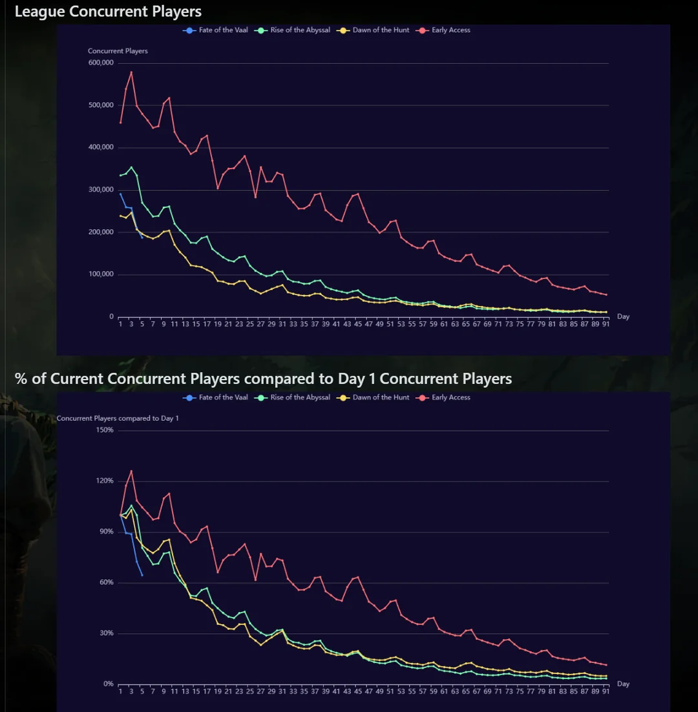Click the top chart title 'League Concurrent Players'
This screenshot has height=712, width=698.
click(108, 12)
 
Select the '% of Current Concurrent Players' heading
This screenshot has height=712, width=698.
click(263, 378)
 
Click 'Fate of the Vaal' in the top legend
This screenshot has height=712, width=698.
click(223, 30)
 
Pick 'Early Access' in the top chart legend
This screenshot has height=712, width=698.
click(450, 30)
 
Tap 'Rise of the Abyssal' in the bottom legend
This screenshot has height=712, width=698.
click(300, 398)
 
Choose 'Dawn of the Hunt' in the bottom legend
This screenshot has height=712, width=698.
click(381, 398)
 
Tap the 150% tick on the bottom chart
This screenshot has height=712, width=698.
click(105, 430)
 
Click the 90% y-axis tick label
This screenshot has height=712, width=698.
click(106, 532)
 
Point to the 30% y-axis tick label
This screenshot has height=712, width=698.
click(106, 633)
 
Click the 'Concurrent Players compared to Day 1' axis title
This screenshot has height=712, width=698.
click(118, 418)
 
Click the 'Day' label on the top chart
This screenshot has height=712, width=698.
click(623, 316)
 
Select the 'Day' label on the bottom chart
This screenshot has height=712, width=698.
click(623, 684)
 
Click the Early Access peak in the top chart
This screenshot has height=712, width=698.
click(131, 72)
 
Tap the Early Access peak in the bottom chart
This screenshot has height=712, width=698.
click(131, 471)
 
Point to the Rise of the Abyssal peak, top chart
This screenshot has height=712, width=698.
click(131, 167)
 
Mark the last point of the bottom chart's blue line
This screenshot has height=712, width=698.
click(142, 575)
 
